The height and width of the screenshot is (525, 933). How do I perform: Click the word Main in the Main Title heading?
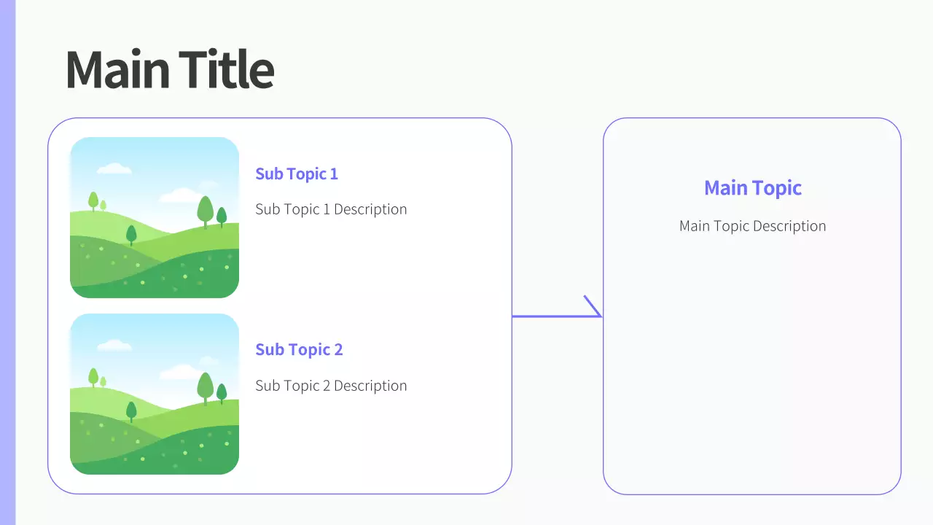[x=117, y=69]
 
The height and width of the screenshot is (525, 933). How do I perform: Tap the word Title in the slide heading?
[x=226, y=69]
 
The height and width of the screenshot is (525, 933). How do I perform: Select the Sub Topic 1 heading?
[x=297, y=174]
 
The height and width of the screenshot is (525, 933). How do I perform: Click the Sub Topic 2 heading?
[x=299, y=350]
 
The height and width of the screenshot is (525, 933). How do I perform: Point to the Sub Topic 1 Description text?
[x=331, y=209]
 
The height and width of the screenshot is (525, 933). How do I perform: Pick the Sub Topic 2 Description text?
[x=331, y=386]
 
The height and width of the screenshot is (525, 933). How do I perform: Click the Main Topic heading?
[x=753, y=188]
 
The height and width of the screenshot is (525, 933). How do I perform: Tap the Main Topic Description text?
[x=753, y=226]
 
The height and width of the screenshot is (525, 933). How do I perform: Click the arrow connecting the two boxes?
[x=557, y=316]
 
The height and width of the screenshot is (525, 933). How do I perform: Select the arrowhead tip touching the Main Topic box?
[x=602, y=316]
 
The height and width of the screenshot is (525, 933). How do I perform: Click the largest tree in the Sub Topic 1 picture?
[x=205, y=211]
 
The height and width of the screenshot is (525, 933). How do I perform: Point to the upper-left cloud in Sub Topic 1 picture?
[x=114, y=168]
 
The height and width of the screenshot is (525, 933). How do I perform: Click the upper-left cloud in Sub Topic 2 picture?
[x=114, y=345]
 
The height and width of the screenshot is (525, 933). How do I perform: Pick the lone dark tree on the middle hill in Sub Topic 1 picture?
[x=131, y=236]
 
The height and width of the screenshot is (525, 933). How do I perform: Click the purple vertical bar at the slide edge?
[x=7, y=262]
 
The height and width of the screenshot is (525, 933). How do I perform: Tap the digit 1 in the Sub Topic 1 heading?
[x=334, y=174]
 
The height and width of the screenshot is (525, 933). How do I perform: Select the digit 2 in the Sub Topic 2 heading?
[x=339, y=350]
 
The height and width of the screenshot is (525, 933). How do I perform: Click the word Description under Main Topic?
[x=789, y=226]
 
